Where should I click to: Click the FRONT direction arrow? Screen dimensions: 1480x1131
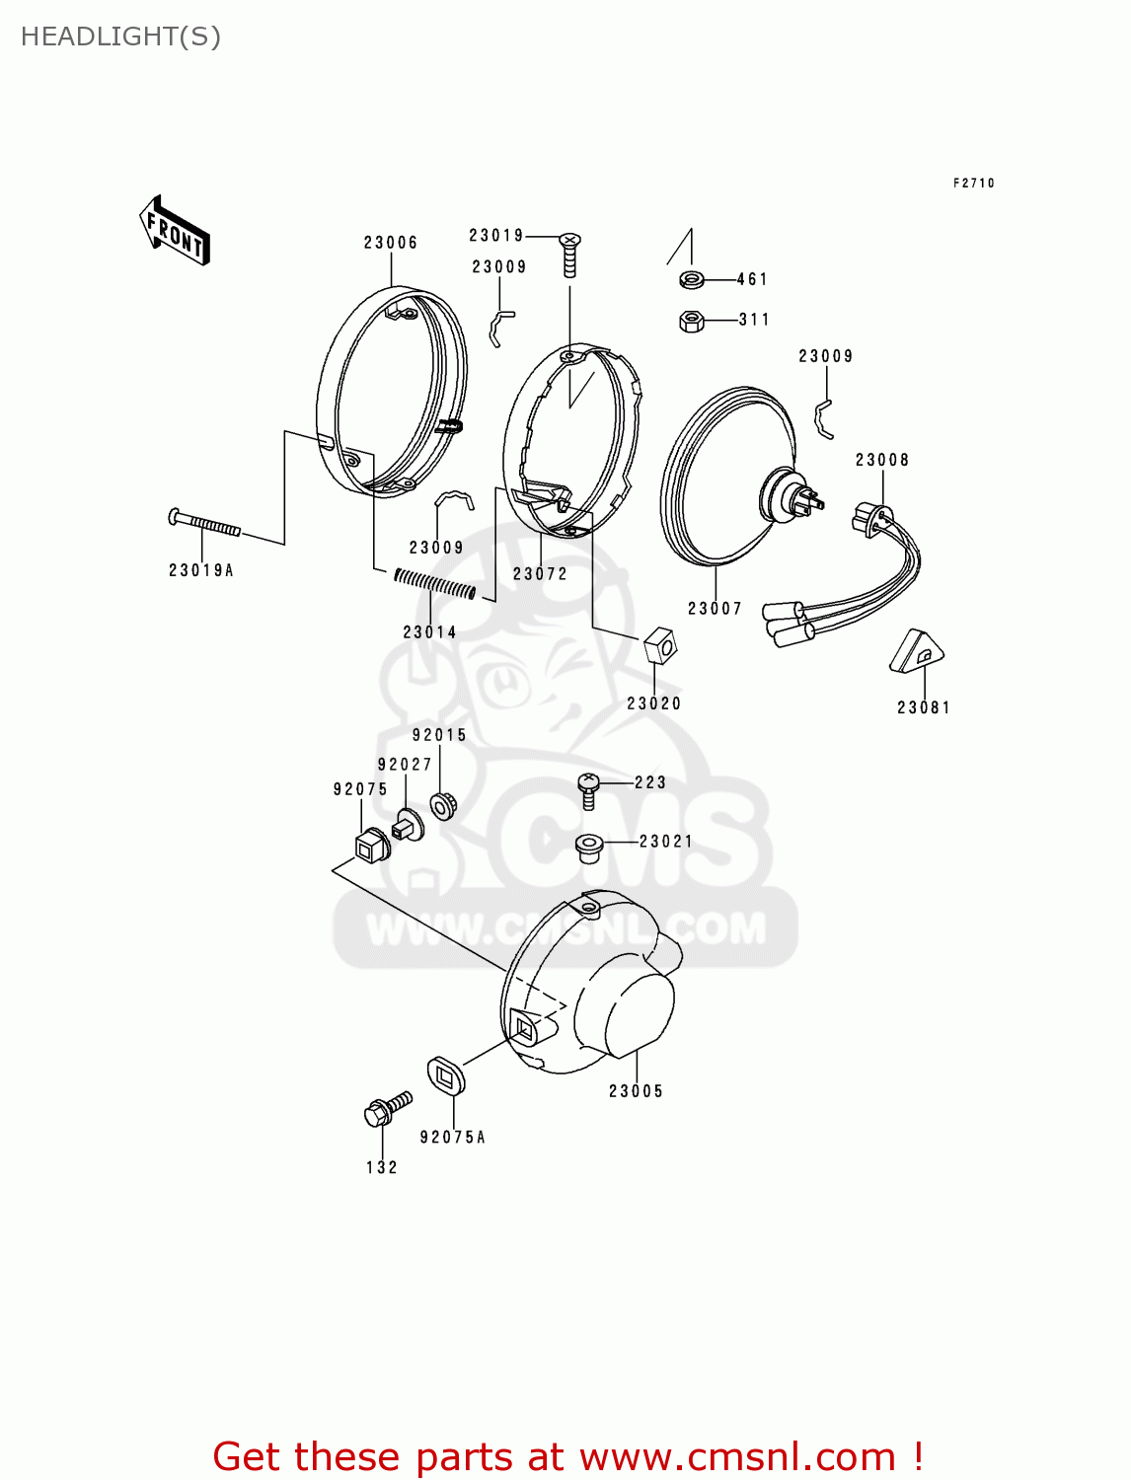(175, 231)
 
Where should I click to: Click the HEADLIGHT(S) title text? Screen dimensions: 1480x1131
(120, 37)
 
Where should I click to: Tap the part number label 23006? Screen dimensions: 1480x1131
(391, 243)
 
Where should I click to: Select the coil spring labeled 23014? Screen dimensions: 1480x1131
(434, 584)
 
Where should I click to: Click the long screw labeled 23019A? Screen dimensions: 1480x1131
(205, 523)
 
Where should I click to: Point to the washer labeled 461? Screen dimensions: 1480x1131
(692, 280)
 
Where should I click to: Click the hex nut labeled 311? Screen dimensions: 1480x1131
(692, 321)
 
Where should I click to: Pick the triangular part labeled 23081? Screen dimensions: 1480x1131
(916, 652)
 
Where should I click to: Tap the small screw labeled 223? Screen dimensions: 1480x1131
(588, 788)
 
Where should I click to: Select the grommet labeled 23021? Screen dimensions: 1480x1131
(589, 846)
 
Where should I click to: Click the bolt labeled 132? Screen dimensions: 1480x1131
(386, 1109)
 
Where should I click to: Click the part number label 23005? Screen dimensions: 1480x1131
(636, 1091)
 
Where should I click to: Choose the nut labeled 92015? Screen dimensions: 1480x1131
(442, 805)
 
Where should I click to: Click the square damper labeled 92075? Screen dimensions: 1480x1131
(371, 845)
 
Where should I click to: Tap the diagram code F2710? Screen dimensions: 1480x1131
(973, 184)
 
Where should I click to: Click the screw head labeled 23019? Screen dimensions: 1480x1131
(570, 241)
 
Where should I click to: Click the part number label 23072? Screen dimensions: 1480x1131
(540, 574)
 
